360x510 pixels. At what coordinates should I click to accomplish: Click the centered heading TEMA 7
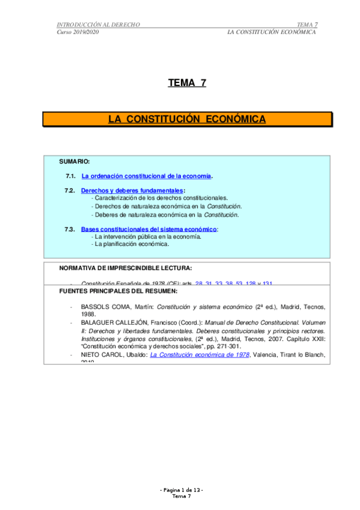coord(187,83)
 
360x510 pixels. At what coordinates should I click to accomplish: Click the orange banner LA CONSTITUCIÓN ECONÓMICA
coord(187,119)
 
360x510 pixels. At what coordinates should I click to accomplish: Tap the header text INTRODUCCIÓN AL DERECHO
coord(98,24)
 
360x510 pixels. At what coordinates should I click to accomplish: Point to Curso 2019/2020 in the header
coord(78,32)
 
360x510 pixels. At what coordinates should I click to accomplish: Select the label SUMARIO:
coord(75,162)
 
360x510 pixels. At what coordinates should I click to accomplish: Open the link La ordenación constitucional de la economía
coord(147,176)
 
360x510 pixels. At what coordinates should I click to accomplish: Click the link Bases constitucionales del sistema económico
coord(148,229)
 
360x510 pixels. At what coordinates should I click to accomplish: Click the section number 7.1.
coord(70,176)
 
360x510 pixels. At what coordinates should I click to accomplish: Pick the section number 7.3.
coord(70,229)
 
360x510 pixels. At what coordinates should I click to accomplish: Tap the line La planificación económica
coord(131,244)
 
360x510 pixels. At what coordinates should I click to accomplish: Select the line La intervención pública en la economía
coord(146,237)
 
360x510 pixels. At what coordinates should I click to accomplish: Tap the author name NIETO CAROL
coord(102,355)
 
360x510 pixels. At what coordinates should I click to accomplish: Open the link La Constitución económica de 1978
coord(200,355)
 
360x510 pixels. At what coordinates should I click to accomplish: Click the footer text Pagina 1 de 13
coord(182,491)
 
